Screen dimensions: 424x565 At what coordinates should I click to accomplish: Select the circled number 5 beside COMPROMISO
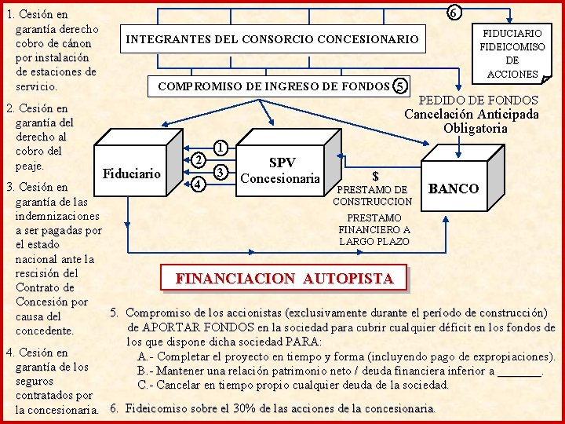coord(401,86)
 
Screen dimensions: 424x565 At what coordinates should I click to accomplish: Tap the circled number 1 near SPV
coord(221,147)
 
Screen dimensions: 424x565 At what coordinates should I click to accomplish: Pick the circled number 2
coord(199,159)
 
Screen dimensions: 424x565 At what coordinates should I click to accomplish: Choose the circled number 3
coord(221,172)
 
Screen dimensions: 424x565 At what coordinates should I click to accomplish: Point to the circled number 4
coord(199,184)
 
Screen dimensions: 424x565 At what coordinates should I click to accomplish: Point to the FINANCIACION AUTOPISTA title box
coord(284,278)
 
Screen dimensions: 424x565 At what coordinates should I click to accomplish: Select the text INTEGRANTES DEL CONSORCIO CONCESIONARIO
coord(272,38)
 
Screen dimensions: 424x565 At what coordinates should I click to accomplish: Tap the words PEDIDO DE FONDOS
coord(479,101)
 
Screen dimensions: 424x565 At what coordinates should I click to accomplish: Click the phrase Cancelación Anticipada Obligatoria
coord(472,121)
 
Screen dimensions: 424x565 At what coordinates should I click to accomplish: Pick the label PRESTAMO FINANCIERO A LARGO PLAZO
coord(374,229)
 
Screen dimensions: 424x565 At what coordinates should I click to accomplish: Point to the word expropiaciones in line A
coord(511,356)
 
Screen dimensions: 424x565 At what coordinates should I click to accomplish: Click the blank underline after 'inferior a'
coord(519,371)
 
